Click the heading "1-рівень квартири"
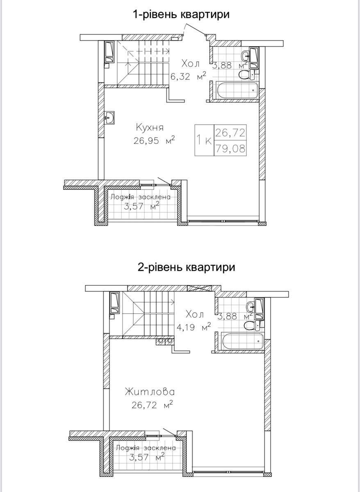[180, 14]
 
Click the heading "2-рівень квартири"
[186, 267]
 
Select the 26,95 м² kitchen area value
[154, 141]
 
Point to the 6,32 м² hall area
[188, 76]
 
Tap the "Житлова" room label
[150, 392]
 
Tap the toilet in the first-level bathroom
[246, 74]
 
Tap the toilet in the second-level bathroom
[251, 326]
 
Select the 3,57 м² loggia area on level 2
[147, 456]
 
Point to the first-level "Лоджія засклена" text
[141, 197]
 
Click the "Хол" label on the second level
[194, 314]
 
